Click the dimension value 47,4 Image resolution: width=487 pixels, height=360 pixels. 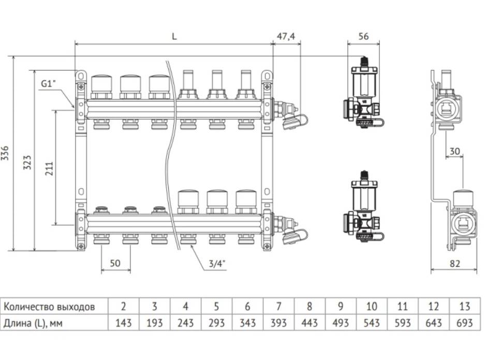click(x=286, y=36)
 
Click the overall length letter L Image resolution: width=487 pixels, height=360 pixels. click(x=174, y=36)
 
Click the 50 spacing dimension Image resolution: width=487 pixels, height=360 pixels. click(x=115, y=263)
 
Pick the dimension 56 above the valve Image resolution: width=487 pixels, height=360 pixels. click(x=363, y=36)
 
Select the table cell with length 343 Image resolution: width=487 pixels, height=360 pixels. click(x=247, y=323)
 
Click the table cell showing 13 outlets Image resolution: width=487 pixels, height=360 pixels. click(x=465, y=306)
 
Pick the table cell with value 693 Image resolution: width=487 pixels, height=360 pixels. click(x=465, y=323)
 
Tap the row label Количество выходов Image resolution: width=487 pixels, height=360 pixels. click(x=50, y=306)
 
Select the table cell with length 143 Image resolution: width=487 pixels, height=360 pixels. click(x=123, y=323)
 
